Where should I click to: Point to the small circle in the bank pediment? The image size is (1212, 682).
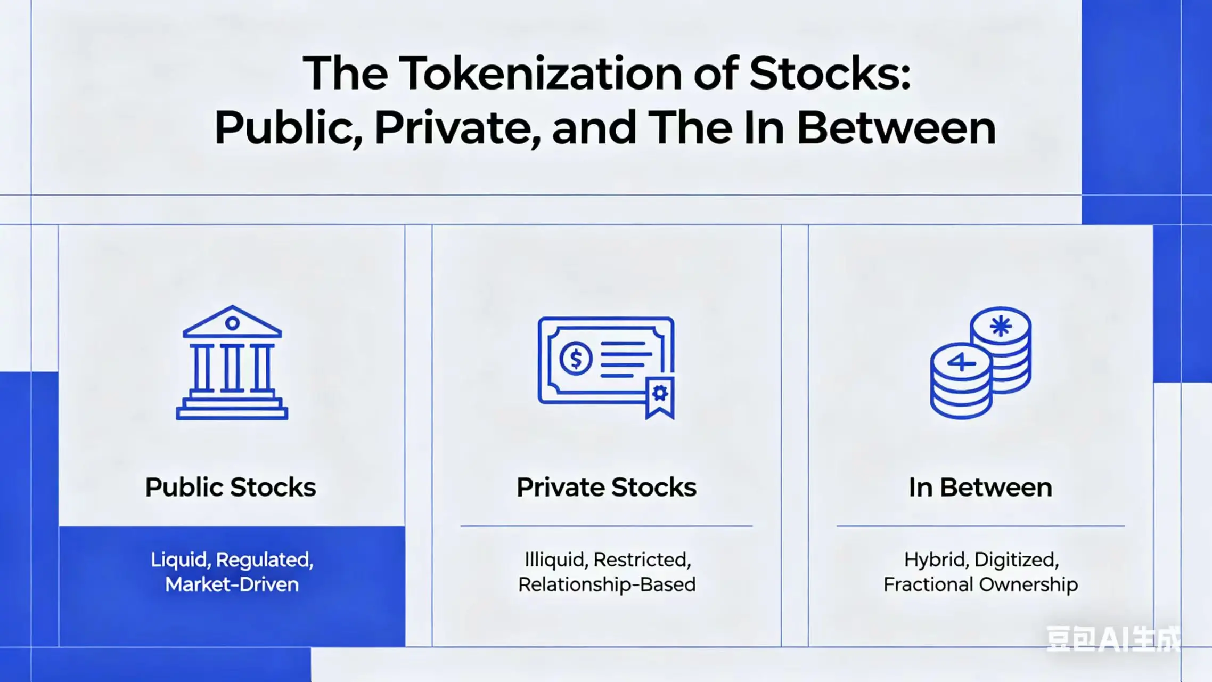click(x=232, y=323)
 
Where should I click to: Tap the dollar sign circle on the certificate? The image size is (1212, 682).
click(x=576, y=358)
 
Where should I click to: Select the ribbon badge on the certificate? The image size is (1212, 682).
click(x=660, y=397)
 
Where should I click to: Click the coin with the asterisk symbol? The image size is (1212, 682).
click(x=1001, y=326)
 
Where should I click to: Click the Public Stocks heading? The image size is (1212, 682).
click(x=231, y=487)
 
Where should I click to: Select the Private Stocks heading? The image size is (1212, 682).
click(x=607, y=487)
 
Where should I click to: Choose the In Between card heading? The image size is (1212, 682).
click(x=980, y=487)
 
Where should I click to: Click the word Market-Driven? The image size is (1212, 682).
click(x=232, y=584)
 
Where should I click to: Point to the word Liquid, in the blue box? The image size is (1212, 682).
click(x=181, y=559)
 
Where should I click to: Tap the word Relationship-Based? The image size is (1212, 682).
click(x=607, y=584)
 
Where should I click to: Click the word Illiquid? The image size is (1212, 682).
click(x=556, y=559)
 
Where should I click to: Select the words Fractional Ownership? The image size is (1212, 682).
click(x=980, y=584)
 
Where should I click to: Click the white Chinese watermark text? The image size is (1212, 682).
click(x=1113, y=639)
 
